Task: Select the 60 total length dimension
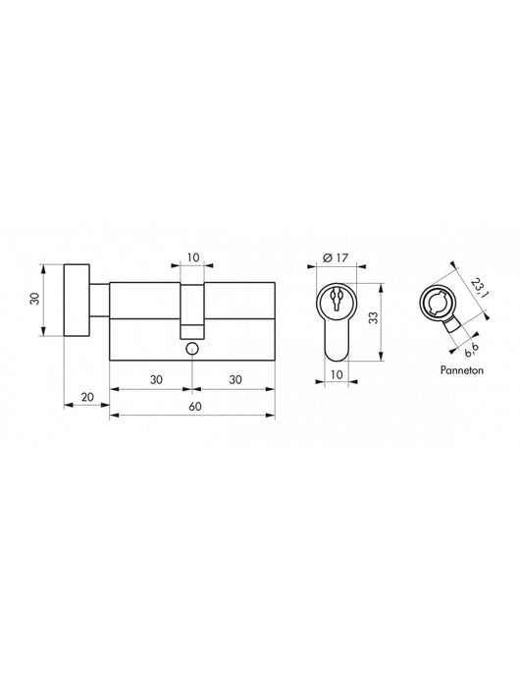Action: pyautogui.click(x=192, y=406)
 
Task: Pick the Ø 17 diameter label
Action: pyautogui.click(x=336, y=258)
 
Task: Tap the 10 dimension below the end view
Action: pyautogui.click(x=336, y=373)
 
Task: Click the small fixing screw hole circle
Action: pyautogui.click(x=192, y=350)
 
